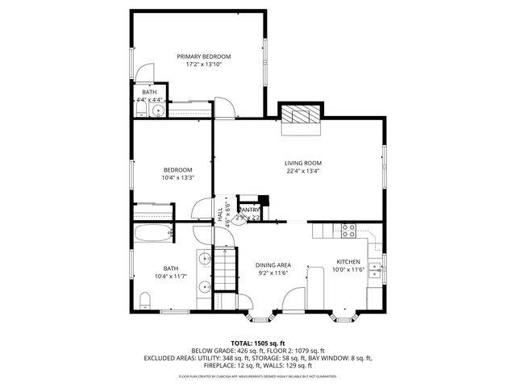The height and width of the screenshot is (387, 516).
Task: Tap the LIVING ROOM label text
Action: (x=302, y=163)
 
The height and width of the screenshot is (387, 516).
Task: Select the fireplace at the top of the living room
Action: (x=300, y=115)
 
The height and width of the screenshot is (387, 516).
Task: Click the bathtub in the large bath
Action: (x=152, y=235)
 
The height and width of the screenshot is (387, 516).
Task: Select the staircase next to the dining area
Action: (x=226, y=267)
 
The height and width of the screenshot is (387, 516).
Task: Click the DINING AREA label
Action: (x=273, y=265)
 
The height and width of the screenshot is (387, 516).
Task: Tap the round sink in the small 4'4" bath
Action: (x=159, y=110)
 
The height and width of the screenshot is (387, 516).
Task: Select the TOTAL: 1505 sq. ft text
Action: (x=257, y=343)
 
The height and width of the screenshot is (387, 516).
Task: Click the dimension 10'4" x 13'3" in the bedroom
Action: (x=177, y=177)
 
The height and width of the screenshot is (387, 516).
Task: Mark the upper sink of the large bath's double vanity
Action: (x=205, y=259)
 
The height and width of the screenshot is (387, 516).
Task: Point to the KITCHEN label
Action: (x=348, y=262)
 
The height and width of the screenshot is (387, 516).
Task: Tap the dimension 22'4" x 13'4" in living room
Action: (x=302, y=170)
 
